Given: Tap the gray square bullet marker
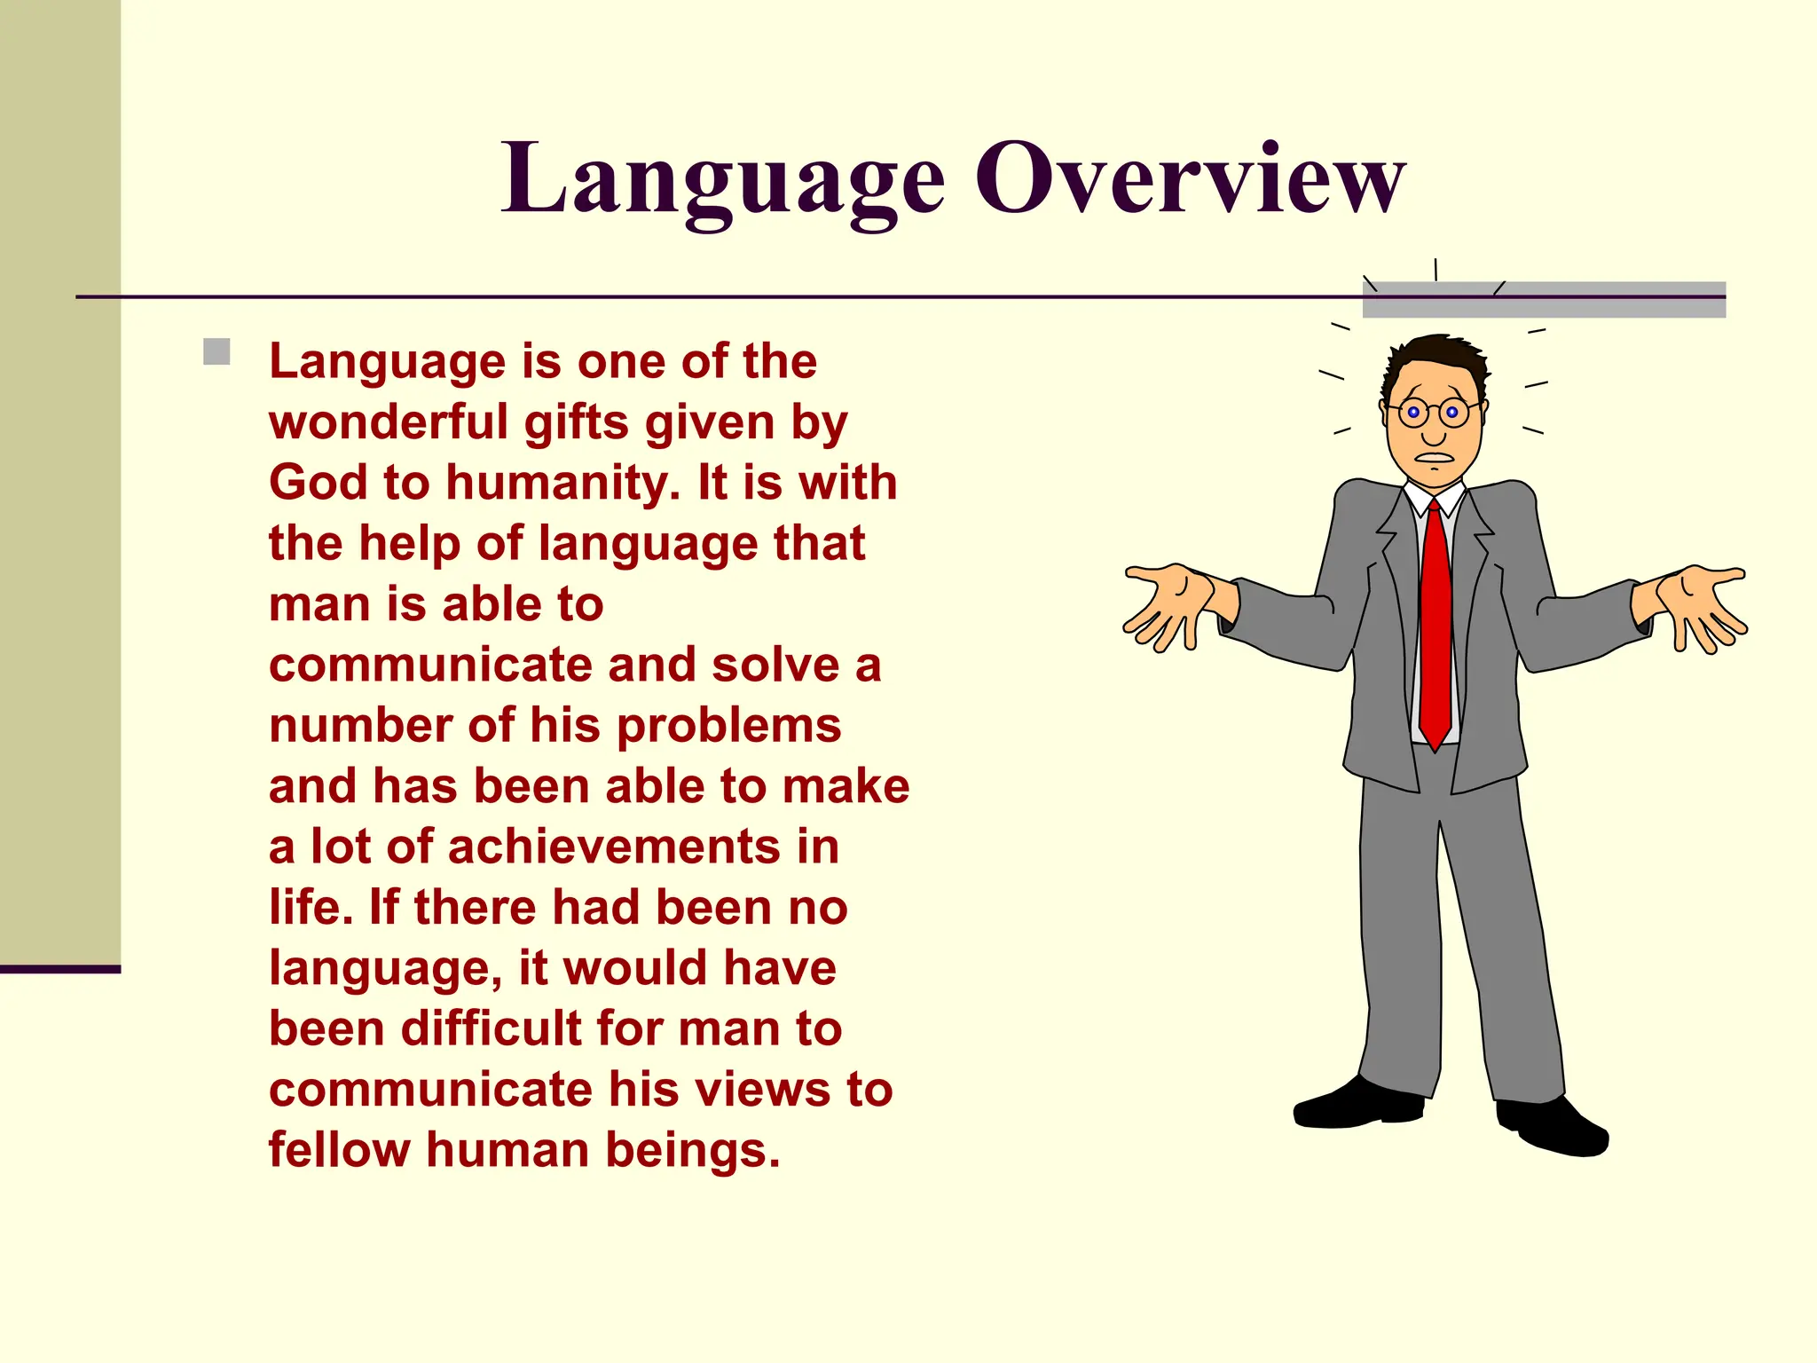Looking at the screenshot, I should pyautogui.click(x=216, y=351).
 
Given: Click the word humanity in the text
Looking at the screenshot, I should pyautogui.click(x=562, y=485).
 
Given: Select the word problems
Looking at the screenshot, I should pyautogui.click(x=728, y=727).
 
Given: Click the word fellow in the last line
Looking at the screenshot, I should pyautogui.click(x=339, y=1151).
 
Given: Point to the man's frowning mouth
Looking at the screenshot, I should pyautogui.click(x=1434, y=459).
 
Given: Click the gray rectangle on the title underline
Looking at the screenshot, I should pyautogui.click(x=1544, y=299).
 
